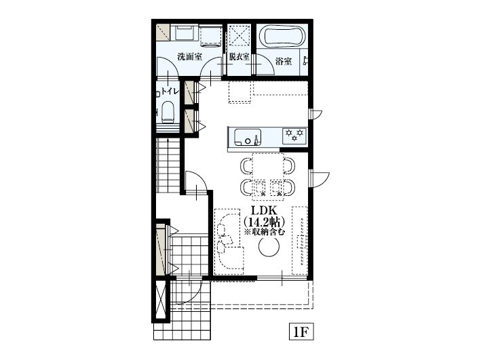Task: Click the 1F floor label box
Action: pyautogui.click(x=301, y=332)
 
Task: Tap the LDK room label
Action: pyautogui.click(x=264, y=210)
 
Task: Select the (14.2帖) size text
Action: pyautogui.click(x=264, y=222)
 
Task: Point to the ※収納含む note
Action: pyautogui.click(x=264, y=232)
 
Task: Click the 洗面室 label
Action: pyautogui.click(x=189, y=57)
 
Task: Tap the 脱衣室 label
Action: pyautogui.click(x=239, y=57)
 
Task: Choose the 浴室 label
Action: pyautogui.click(x=283, y=62)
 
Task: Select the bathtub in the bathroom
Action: pyautogui.click(x=282, y=36)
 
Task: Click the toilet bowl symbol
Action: pyautogui.click(x=168, y=113)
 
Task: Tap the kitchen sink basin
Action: pyautogui.click(x=248, y=138)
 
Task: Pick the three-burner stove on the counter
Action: pyautogui.click(x=294, y=136)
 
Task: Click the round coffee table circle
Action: pyautogui.click(x=269, y=247)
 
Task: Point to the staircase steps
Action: pyautogui.click(x=168, y=165)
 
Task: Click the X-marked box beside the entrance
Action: pyautogui.click(x=161, y=301)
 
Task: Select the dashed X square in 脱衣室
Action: pyautogui.click(x=239, y=35)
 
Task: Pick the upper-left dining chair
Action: pyautogui.click(x=246, y=166)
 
